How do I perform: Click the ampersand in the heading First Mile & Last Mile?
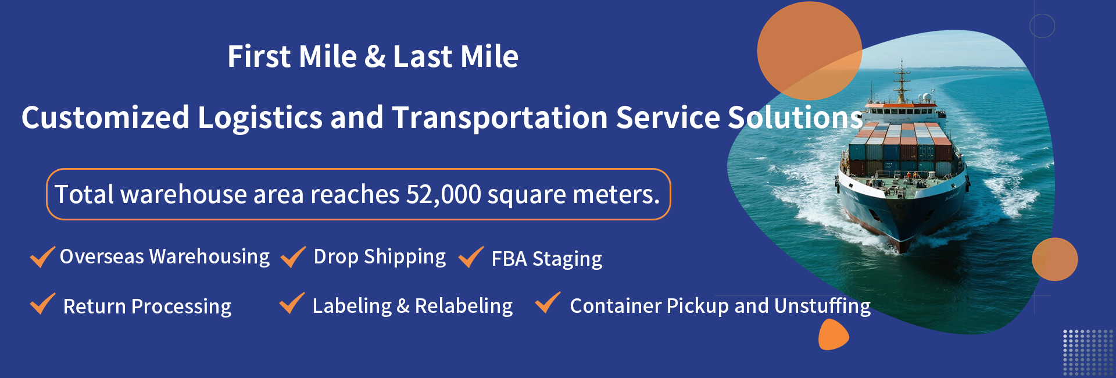click(375, 57)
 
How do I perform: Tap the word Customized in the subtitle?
click(105, 117)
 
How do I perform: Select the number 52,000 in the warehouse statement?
click(443, 194)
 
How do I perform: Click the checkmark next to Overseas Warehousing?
click(42, 256)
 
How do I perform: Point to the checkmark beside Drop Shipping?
click(293, 256)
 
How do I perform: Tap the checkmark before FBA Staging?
click(471, 256)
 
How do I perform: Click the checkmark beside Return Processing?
click(42, 303)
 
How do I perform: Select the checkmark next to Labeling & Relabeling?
click(292, 303)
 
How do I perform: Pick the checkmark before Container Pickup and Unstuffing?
click(548, 302)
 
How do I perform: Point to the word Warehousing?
click(209, 257)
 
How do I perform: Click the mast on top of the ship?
click(902, 81)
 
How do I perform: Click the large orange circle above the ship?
click(809, 51)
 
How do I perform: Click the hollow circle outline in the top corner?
click(1042, 26)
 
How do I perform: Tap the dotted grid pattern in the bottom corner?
click(1088, 352)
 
